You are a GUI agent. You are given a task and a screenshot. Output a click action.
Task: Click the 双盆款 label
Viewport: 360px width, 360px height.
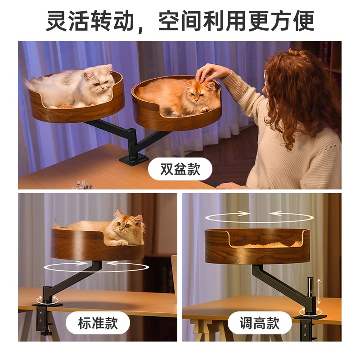click(x=180, y=170)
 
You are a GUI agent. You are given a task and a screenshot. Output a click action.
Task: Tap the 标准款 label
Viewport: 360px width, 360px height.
click(x=97, y=323)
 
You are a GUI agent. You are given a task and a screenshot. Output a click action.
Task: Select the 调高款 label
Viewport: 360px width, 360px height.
click(x=260, y=323)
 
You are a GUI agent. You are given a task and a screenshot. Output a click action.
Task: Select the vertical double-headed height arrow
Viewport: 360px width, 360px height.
click(x=319, y=291)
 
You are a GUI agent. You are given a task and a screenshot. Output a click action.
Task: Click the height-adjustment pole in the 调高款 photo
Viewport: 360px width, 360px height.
click(x=309, y=292)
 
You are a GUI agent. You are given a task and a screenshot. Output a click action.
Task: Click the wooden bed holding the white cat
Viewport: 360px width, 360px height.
click(x=76, y=108)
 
